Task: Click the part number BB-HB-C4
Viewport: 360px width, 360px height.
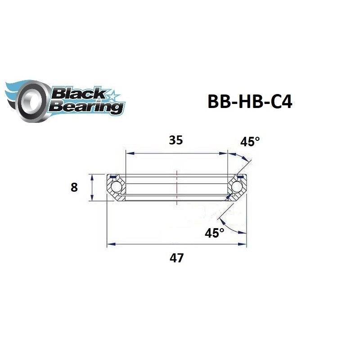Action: pyautogui.click(x=250, y=102)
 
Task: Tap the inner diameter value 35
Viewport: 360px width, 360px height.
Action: pyautogui.click(x=175, y=140)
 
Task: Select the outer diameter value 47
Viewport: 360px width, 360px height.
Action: pyautogui.click(x=176, y=259)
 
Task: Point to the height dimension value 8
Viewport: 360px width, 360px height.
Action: pyautogui.click(x=74, y=187)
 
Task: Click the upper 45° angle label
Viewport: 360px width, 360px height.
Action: pyautogui.click(x=250, y=142)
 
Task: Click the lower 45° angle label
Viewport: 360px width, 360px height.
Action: pyautogui.click(x=214, y=233)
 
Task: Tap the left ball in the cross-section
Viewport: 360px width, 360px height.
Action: pyautogui.click(x=116, y=186)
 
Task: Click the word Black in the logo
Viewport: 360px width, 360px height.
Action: pyautogui.click(x=77, y=94)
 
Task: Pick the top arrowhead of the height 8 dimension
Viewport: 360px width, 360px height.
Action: pyautogui.click(x=93, y=176)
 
